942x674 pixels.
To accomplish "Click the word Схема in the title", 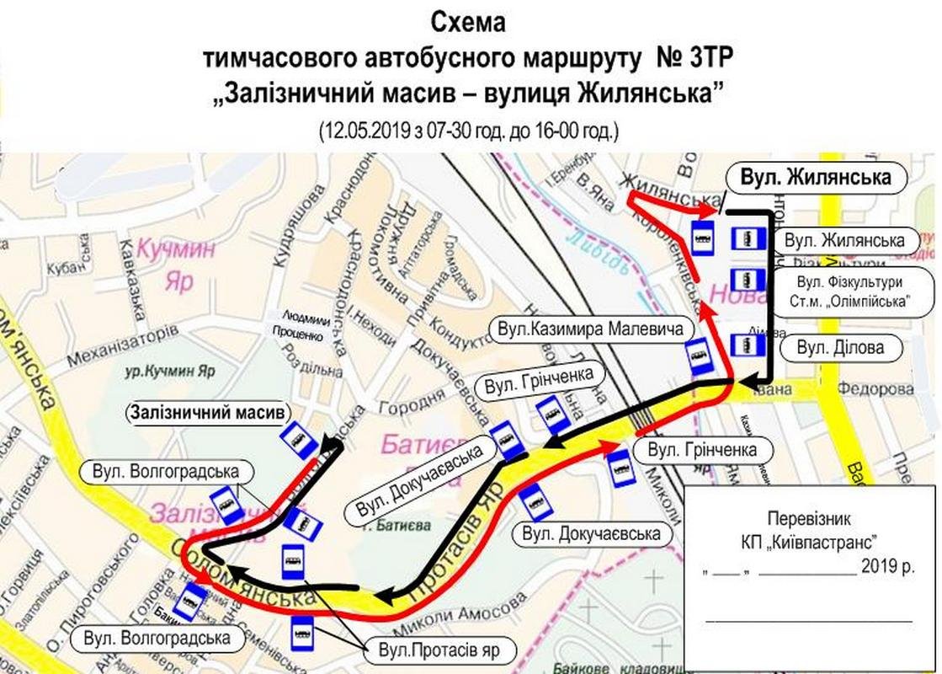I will (468, 23).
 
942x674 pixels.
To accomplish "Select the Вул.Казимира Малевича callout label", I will (588, 329).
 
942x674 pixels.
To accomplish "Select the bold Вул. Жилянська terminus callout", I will (814, 178).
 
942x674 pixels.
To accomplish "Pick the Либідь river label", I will (597, 253).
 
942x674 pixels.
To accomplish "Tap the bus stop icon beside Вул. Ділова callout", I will (747, 345).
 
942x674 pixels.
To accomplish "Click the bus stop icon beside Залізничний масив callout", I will (297, 440).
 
